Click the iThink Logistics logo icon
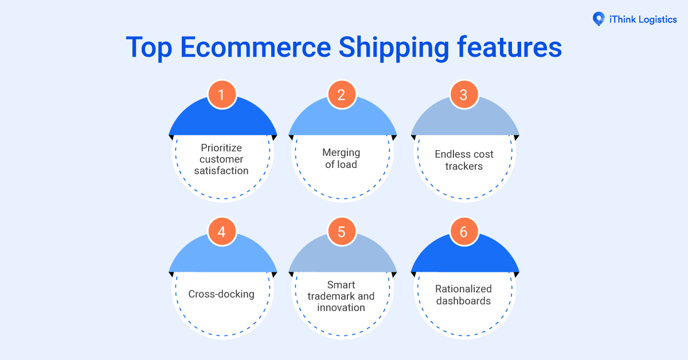click(x=598, y=19)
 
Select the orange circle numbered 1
click(x=221, y=95)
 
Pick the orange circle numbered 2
click(x=342, y=95)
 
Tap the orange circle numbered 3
click(x=463, y=95)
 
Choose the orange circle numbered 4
click(x=221, y=232)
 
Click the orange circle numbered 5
click(x=342, y=232)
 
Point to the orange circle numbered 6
click(x=463, y=232)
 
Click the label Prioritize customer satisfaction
click(x=221, y=159)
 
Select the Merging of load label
click(x=341, y=159)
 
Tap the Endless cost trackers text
click(x=464, y=161)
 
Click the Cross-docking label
click(x=221, y=295)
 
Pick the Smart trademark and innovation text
click(x=341, y=296)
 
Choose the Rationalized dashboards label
click(x=463, y=295)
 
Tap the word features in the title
click(x=509, y=47)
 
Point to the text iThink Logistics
click(x=643, y=19)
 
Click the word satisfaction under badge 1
click(x=221, y=171)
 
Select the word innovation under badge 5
click(x=341, y=308)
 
